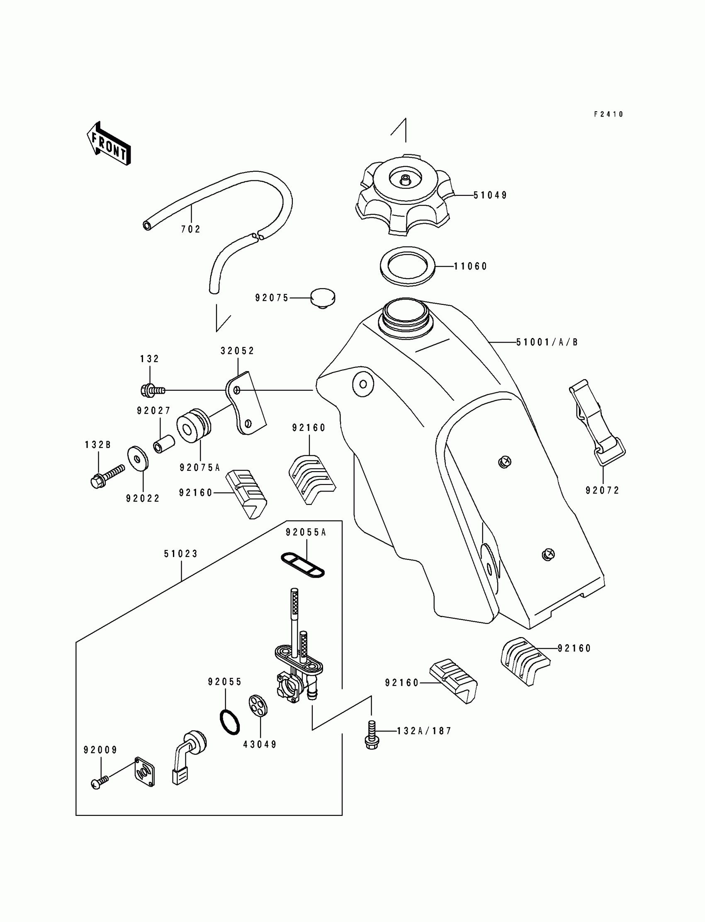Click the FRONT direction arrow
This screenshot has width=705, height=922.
tap(108, 143)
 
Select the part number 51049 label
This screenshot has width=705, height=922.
tap(490, 195)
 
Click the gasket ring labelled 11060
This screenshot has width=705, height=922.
tap(408, 266)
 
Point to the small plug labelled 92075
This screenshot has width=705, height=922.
tap(323, 298)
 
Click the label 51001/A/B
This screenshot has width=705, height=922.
tap(547, 343)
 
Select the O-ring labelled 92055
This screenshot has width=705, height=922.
tap(230, 722)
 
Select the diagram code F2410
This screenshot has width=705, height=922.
tap(608, 114)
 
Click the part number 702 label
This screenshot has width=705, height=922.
tap(191, 229)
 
